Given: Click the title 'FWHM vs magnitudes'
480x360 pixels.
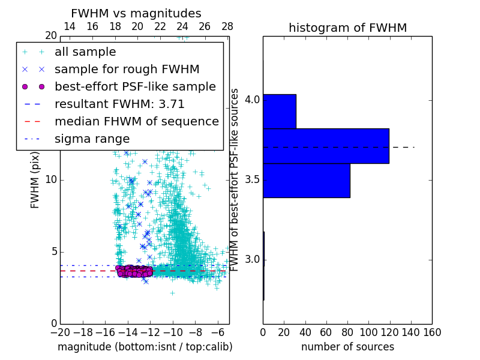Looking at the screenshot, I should point(136,13).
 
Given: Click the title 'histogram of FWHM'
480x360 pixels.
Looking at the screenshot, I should point(347,28).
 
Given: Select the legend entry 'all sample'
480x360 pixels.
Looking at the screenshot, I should point(85,52).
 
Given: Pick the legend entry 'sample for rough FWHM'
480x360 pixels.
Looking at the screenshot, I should point(127,69).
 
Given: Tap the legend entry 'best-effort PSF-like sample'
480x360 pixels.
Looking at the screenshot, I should point(135,86).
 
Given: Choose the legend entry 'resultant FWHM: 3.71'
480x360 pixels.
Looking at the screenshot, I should point(119,104).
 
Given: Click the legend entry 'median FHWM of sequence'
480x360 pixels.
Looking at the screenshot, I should point(136,121).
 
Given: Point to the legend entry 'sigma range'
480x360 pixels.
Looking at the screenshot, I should point(92,139).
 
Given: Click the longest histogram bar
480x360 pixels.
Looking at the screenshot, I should point(326,146).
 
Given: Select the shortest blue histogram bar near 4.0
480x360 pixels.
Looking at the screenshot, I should point(279,111).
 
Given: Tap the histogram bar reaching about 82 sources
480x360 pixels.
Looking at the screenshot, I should point(306,180).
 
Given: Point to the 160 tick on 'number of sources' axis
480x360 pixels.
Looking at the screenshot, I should point(431,331).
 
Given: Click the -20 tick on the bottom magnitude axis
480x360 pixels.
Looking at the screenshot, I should point(60,331).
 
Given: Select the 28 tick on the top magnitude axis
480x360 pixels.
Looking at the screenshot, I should point(227,26).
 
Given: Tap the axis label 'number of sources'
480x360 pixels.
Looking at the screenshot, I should point(347,347).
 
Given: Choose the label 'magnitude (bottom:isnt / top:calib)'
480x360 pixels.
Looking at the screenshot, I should point(145,347).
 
